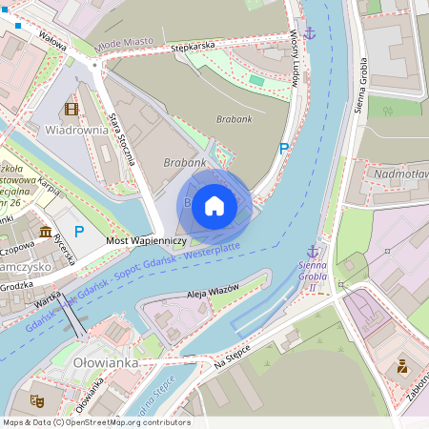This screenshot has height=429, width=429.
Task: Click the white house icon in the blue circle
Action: coord(214,206)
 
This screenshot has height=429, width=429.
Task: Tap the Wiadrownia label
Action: coord(76,130)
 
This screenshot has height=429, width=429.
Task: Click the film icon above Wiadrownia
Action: coord(71,110)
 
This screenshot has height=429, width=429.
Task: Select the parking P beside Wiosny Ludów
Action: coord(283,148)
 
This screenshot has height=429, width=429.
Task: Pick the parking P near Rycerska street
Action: coord(79,231)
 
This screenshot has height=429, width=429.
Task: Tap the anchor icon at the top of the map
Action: coord(308,33)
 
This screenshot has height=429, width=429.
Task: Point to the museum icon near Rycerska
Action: coord(46,233)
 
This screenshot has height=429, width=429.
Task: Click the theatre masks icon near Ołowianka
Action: coord(37,401)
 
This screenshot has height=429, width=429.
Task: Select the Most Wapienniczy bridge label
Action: coord(146,242)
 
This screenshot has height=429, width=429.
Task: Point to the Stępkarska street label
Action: coord(188,45)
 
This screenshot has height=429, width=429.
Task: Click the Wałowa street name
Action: coord(52,37)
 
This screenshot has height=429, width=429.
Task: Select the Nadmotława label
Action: coord(401,174)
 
